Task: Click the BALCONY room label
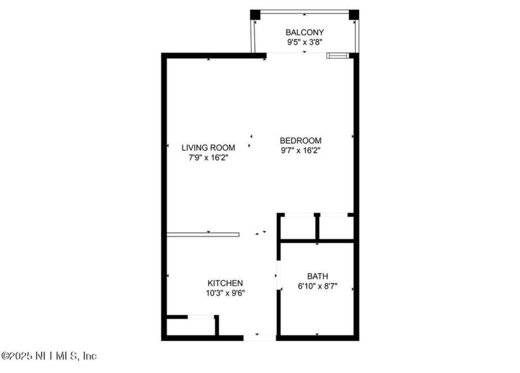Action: tap(304, 32)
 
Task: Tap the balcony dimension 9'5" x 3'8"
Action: tap(304, 43)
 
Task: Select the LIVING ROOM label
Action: tap(208, 147)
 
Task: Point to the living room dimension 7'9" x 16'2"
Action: tap(208, 158)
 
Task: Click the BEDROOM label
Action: tap(301, 140)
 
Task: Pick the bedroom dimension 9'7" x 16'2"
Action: tap(301, 150)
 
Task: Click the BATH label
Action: tap(318, 276)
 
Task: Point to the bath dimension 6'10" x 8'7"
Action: tap(318, 287)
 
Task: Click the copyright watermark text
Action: tap(49, 356)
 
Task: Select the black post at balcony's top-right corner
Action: tap(353, 14)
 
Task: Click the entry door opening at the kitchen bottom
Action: tap(259, 338)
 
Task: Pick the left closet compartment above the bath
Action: tap(298, 227)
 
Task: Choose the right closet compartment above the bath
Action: tap(336, 227)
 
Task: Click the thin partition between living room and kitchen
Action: tap(202, 234)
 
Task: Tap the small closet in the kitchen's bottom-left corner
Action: tap(190, 327)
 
